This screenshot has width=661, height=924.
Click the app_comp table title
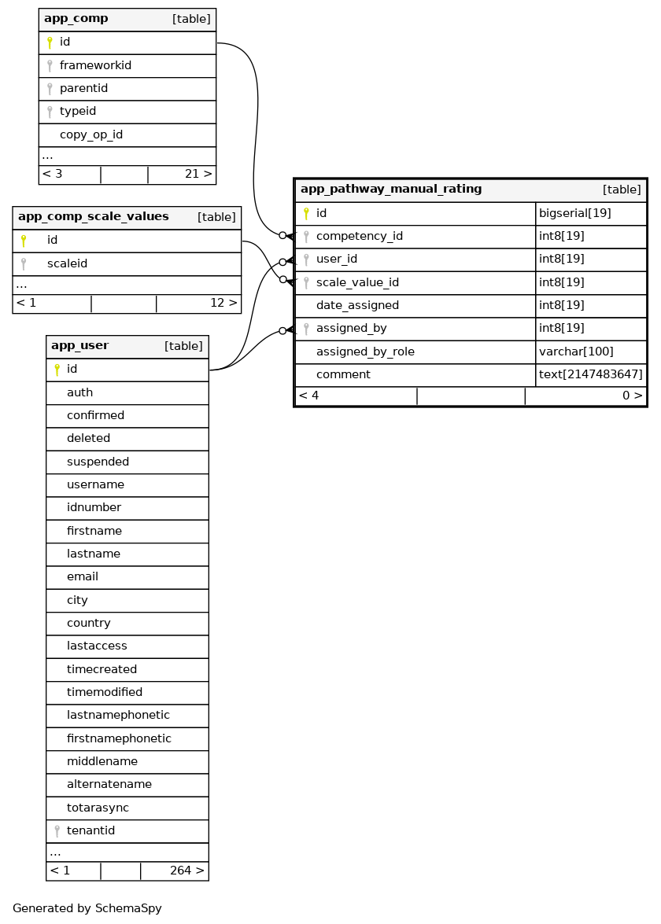[x=76, y=19]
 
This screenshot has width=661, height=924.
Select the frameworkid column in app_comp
[x=95, y=66]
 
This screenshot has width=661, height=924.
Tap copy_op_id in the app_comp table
[x=91, y=134]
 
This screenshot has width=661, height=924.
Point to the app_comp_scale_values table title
[x=93, y=217]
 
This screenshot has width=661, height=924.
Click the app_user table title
[x=79, y=346]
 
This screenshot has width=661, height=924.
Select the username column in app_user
[x=95, y=485]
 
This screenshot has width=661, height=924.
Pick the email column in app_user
[x=83, y=577]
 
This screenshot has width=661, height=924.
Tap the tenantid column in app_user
[x=90, y=831]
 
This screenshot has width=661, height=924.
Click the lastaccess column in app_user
[x=97, y=646]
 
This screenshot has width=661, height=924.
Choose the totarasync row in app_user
[x=98, y=808]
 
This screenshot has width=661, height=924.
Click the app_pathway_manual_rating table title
[x=391, y=190]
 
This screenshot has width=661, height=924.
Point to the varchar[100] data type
[x=576, y=352]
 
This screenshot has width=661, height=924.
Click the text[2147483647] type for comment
[x=591, y=375]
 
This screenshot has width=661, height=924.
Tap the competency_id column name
[x=360, y=237]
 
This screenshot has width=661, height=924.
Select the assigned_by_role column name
[x=365, y=352]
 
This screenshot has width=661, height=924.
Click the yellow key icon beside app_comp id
[x=50, y=43]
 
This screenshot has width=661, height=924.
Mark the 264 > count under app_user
[x=187, y=871]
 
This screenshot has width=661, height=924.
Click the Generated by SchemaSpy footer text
[x=87, y=909]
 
